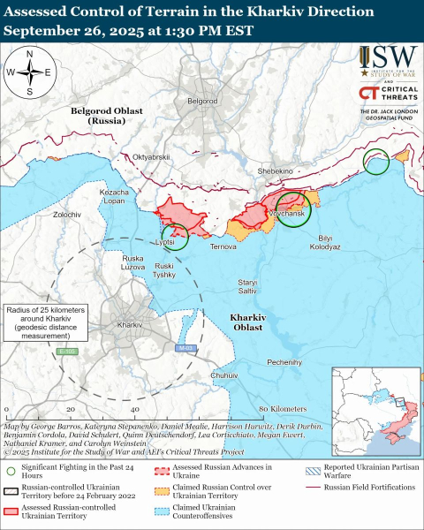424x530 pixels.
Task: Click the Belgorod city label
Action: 202,102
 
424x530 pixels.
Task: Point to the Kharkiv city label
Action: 129,326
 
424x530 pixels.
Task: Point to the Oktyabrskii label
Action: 151,157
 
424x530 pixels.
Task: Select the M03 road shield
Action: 183,349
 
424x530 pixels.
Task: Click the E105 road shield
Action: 64,352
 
